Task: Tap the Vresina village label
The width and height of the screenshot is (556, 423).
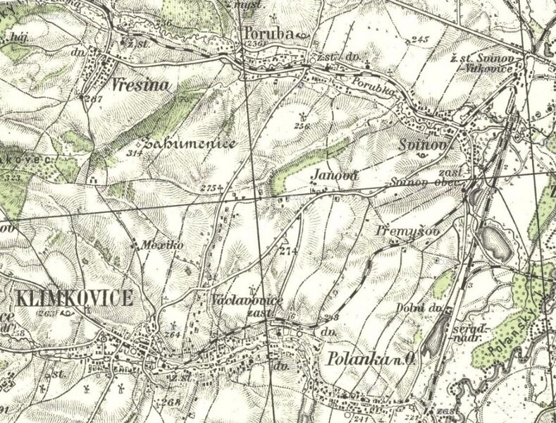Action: tap(142, 87)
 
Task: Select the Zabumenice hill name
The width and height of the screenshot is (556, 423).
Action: tap(189, 144)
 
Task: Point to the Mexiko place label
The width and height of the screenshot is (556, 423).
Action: tap(152, 245)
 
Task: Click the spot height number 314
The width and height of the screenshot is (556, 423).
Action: tap(133, 152)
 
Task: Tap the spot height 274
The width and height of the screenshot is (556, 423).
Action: tap(286, 251)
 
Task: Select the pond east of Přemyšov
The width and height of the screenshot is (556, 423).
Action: tap(496, 243)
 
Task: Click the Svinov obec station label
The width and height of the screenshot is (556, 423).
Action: tap(424, 185)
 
